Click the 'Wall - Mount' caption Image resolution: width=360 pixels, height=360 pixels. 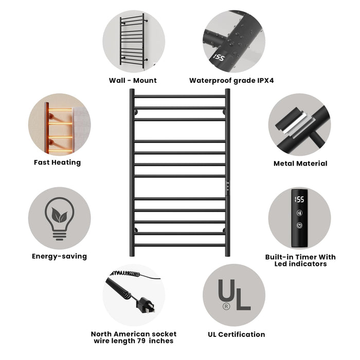coord(133,80)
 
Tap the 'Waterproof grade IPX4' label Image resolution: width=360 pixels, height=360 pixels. coord(231,81)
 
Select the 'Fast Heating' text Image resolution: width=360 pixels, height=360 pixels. coord(58,163)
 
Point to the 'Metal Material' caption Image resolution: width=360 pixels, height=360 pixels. coord(300,164)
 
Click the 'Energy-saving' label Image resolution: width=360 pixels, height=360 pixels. coord(60,256)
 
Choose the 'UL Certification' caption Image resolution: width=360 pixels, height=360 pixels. coord(236,334)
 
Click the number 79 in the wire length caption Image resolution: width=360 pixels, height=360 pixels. coord(141,340)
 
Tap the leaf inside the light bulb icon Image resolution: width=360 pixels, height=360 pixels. coord(60,215)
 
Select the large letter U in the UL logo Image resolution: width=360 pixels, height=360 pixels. coord(226,291)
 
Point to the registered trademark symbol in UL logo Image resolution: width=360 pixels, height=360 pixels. coord(226,307)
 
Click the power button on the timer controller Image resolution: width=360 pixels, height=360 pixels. coord(299,225)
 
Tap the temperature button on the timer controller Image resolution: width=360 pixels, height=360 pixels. coord(299,213)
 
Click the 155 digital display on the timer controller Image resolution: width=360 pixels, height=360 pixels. coord(299,200)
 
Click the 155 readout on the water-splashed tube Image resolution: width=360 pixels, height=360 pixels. coord(219,58)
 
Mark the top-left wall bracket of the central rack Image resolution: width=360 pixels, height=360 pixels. coord(136,112)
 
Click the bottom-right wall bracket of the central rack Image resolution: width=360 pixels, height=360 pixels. coord(224,230)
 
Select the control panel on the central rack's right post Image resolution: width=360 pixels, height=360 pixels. coord(227,187)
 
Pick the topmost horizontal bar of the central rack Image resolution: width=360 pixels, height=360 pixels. coord(180,97)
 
